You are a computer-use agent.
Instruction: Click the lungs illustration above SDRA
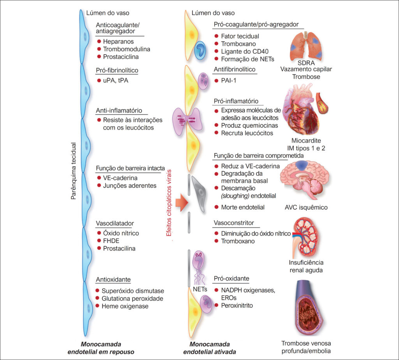click(306, 46)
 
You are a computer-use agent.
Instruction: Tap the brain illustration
click(304, 180)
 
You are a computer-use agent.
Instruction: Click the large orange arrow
click(182, 203)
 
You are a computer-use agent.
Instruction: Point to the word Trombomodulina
click(127, 49)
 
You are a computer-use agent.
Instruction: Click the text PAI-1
click(228, 81)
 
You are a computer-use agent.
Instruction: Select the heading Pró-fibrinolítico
click(117, 71)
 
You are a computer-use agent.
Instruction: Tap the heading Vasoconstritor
click(234, 223)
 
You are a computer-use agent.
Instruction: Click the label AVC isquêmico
click(306, 207)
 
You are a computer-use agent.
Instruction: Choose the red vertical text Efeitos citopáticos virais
click(169, 203)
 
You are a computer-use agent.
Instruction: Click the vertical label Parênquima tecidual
click(73, 171)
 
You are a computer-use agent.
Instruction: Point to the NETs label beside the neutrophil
click(200, 289)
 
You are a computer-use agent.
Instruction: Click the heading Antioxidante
click(113, 280)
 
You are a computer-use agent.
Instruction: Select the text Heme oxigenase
click(125, 306)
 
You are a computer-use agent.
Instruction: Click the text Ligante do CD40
click(245, 51)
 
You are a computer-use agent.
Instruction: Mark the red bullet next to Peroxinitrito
click(216, 305)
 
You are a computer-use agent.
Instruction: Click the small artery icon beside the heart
click(321, 103)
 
